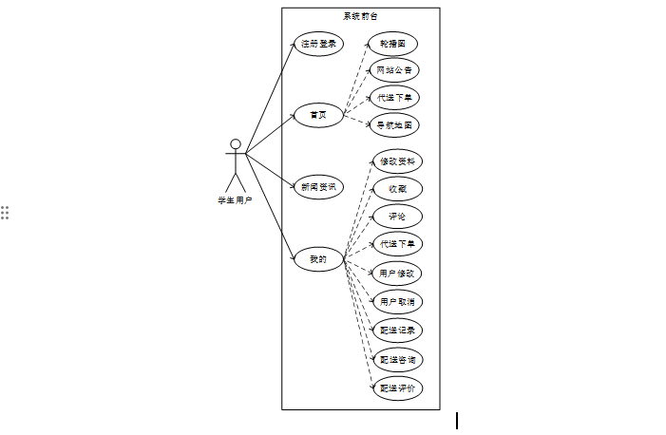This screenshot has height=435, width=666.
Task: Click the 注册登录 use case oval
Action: pos(317,44)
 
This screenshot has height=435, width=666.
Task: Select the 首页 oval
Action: pos(317,115)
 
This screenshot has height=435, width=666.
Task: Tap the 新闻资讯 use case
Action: pos(317,187)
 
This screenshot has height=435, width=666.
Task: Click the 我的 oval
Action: pos(317,258)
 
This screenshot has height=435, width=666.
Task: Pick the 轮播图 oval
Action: pos(392,44)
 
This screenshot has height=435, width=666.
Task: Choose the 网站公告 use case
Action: pos(393,70)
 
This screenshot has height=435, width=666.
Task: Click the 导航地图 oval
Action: pos(393,124)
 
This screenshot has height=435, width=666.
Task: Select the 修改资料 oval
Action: pos(396,161)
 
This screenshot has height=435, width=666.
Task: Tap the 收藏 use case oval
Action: pos(396,189)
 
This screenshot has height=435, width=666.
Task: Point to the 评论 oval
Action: pos(396,217)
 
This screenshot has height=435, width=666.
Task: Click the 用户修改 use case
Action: pos(396,274)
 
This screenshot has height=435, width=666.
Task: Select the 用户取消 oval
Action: pos(396,302)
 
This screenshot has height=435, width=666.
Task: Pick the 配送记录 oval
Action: pos(396,331)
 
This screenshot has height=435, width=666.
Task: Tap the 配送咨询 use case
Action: pos(396,360)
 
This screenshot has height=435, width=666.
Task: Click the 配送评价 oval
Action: pos(396,388)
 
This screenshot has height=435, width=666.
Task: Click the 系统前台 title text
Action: pos(360,16)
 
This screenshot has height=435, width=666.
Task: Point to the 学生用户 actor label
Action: pos(235,200)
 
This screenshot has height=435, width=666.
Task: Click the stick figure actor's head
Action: pos(235,144)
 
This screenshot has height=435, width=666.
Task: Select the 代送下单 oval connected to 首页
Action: pos(393,98)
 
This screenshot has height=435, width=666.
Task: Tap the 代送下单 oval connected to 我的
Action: pos(396,244)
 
